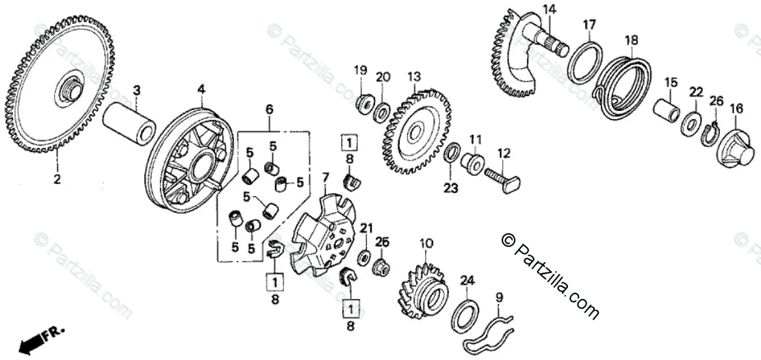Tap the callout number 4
pos(201,89)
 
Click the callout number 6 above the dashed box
pos(270,110)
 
